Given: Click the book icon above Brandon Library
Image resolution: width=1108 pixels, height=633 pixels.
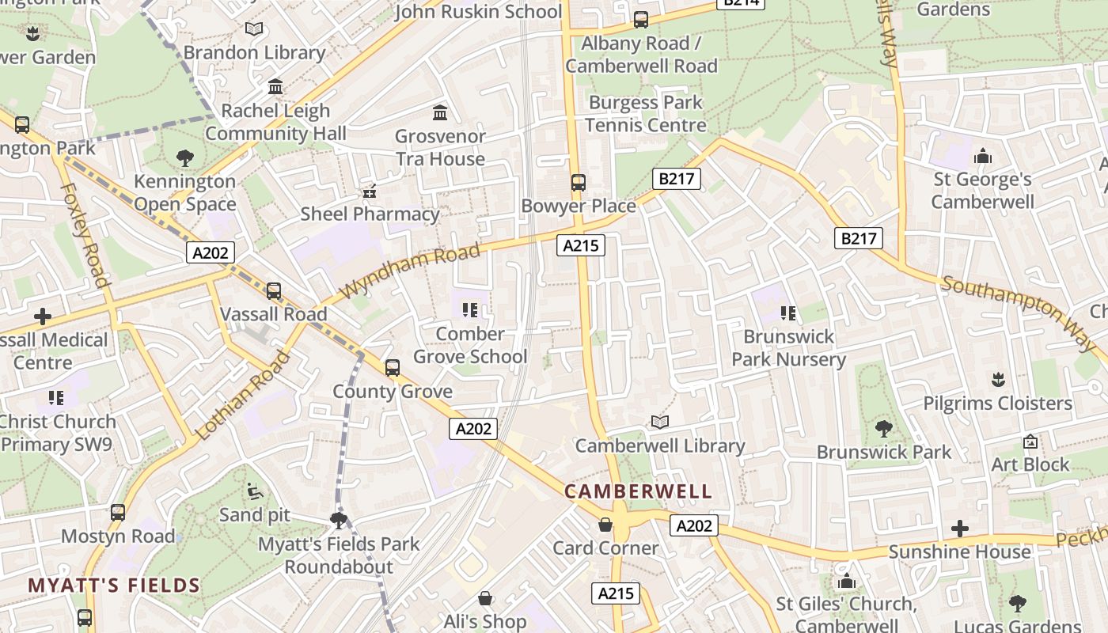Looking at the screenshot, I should [x=254, y=29].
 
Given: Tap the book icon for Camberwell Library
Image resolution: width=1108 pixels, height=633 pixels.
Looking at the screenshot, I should [x=660, y=423].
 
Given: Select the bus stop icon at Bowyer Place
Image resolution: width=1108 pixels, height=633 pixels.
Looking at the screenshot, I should [x=579, y=183].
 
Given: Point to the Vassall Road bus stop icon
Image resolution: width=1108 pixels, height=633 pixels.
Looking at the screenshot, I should [x=274, y=291].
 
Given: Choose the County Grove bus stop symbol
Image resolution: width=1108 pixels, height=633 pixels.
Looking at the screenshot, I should [x=393, y=368].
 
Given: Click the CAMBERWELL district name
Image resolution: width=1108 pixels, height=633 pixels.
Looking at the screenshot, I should [x=638, y=491].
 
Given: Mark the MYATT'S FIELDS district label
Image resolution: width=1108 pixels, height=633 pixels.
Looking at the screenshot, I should [x=114, y=586].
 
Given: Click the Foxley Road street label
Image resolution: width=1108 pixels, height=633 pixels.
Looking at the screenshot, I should [x=84, y=236].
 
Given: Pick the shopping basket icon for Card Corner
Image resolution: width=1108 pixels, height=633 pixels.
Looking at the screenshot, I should [x=605, y=525].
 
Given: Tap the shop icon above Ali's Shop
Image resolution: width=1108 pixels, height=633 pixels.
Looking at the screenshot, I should [x=485, y=598].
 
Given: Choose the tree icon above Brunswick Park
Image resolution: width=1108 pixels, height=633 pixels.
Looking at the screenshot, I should [x=884, y=429].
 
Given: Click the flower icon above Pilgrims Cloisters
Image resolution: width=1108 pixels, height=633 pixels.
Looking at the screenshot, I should [x=997, y=379].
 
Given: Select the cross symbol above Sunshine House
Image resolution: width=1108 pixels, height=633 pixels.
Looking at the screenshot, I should [x=960, y=528].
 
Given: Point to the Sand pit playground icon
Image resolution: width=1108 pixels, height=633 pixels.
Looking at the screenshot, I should [x=255, y=491].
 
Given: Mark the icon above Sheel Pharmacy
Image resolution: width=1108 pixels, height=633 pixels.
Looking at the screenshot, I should [x=369, y=191].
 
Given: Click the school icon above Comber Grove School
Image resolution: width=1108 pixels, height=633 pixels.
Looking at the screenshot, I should [x=470, y=310].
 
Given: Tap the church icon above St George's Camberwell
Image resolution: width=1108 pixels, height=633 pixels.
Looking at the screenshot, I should [x=983, y=156].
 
